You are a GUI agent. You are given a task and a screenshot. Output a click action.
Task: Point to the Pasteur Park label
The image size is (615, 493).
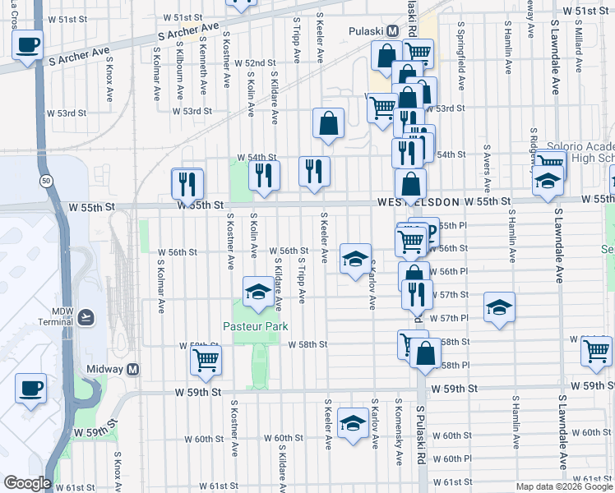[x=256, y=326]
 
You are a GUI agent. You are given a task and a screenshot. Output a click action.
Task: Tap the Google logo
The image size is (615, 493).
[x=27, y=483]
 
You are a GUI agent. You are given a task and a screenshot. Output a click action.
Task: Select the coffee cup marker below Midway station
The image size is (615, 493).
[x=31, y=387]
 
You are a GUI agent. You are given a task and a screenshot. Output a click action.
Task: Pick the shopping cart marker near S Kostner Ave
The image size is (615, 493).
[x=206, y=358]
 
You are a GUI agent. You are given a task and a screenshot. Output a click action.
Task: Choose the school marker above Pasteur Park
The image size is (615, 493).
[x=258, y=292]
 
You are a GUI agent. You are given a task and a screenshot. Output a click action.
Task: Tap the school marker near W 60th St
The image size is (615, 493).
[x=353, y=423]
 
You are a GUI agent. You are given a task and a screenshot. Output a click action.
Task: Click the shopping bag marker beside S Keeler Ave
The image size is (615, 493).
[x=328, y=123]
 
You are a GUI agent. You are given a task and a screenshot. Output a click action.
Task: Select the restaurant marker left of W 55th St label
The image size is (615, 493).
[x=187, y=182]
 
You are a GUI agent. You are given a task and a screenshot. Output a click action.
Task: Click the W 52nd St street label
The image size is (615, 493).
[x=254, y=63]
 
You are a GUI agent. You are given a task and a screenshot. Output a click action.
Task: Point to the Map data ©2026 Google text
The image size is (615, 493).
[x=564, y=486]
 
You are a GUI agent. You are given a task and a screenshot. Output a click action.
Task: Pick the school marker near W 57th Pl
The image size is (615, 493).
[x=498, y=308]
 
